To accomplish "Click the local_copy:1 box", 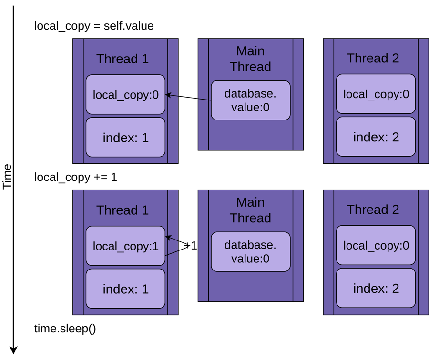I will [125, 246].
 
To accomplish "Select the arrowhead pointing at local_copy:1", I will [168, 237].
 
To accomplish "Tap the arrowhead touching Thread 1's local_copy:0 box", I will [168, 95].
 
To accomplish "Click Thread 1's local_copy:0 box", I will [125, 94].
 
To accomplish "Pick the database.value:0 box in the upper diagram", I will [250, 100].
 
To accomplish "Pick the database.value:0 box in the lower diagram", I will [250, 252].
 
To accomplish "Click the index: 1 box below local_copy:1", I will [125, 289].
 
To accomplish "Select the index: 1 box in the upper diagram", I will [125, 138].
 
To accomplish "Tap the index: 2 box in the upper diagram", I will [376, 137].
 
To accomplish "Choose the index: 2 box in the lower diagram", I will [376, 288].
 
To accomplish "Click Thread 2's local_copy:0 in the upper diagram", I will [376, 94].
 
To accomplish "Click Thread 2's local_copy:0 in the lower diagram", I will [376, 245].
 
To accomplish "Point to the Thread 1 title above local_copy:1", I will [123, 210].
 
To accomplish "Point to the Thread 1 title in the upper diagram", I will [123, 59].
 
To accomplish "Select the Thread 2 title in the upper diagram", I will [373, 58].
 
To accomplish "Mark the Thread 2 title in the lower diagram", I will [373, 210].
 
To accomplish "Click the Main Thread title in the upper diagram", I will [250, 59].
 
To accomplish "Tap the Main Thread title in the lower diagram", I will [250, 210].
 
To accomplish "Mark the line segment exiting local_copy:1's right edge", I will [172, 253].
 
